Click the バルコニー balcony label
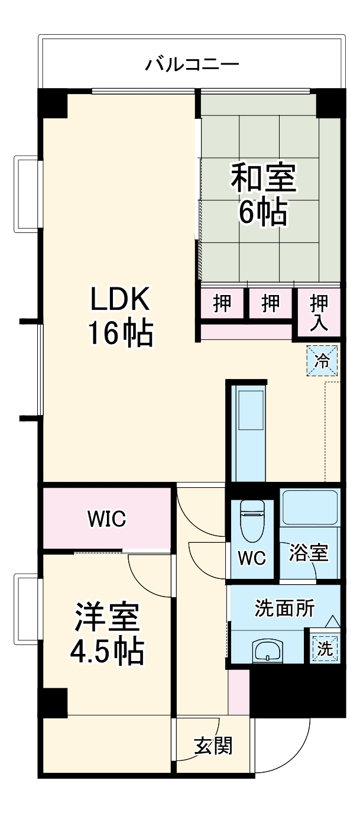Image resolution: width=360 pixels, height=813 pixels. coord(192,64)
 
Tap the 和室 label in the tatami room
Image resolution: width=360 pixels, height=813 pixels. coord(264,178)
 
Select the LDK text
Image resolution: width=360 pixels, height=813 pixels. coord(120,299)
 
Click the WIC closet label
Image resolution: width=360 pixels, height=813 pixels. coord(106,519)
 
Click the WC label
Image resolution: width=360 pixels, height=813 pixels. coord(252,558)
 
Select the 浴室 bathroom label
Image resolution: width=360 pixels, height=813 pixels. coord(309,552)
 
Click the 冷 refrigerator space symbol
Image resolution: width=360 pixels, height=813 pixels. coord(322,361)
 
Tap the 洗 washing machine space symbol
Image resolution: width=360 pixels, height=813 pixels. coord(325,648)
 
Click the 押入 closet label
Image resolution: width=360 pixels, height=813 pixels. coord(319,313)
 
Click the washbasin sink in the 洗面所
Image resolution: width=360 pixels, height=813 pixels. coord(268,650)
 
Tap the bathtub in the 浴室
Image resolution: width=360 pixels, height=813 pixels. coord(310,508)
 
